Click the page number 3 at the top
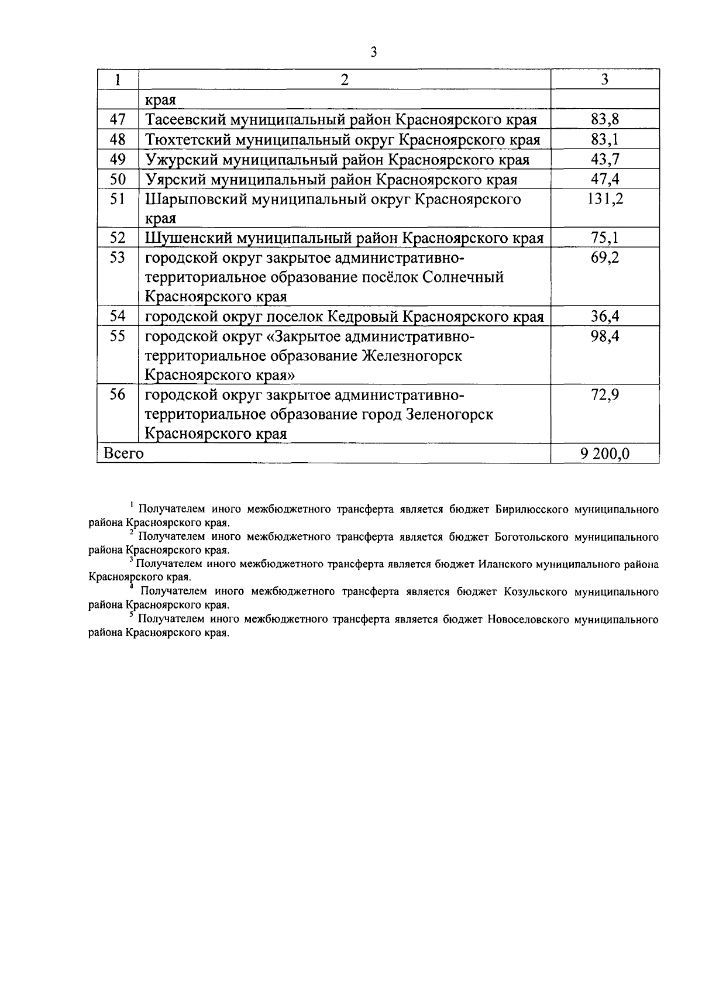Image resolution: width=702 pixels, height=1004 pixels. coord(374,53)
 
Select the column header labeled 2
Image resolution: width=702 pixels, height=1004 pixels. coord(345,80)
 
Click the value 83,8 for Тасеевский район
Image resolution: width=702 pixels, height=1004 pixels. coord(605,120)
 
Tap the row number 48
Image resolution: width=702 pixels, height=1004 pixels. coord(118,140)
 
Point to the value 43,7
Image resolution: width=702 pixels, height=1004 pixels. coord(605,160)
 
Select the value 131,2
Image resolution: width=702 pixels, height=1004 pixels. coord(605,200)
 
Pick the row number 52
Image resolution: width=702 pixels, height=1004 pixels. coord(118,238)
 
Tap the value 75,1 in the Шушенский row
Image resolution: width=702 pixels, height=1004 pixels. coord(605,238)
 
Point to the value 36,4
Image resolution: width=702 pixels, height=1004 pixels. coord(605,317)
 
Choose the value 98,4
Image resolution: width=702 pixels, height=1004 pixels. coord(605,337)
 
